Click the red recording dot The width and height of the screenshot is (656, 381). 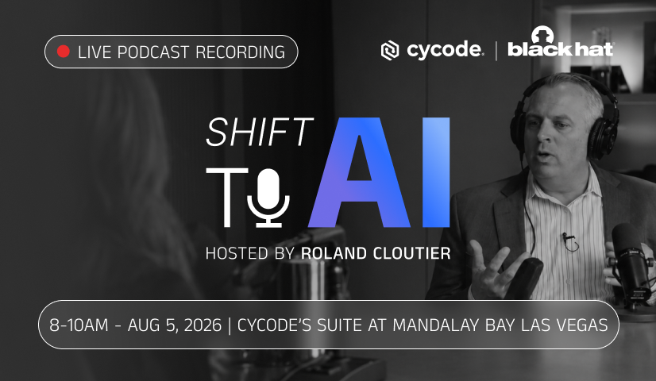point(64,52)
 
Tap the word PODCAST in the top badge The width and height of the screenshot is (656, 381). point(153,52)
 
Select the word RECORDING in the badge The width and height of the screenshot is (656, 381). point(240,52)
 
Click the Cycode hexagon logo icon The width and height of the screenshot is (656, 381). point(389,51)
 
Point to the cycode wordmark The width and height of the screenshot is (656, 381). point(444,51)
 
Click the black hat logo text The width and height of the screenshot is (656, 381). point(561,49)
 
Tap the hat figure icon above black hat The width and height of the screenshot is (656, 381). point(542,35)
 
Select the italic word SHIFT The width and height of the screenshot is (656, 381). point(260,132)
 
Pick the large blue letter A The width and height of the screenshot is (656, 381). point(358,172)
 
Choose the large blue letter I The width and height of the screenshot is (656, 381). point(435,172)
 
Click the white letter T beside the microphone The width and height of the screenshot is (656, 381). point(227,198)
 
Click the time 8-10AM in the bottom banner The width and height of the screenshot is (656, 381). point(79,325)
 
